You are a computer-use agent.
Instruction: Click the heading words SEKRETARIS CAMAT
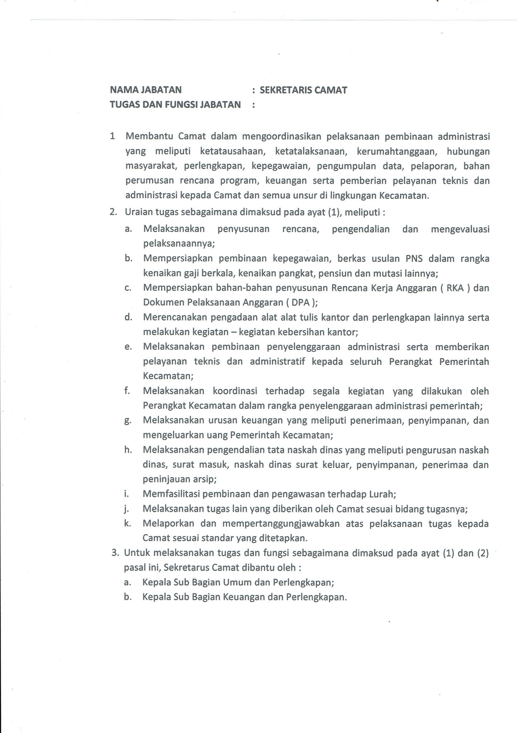tap(303, 90)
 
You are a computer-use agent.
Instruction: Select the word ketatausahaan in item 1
tap(233, 151)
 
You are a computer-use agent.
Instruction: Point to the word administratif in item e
tap(277, 362)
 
